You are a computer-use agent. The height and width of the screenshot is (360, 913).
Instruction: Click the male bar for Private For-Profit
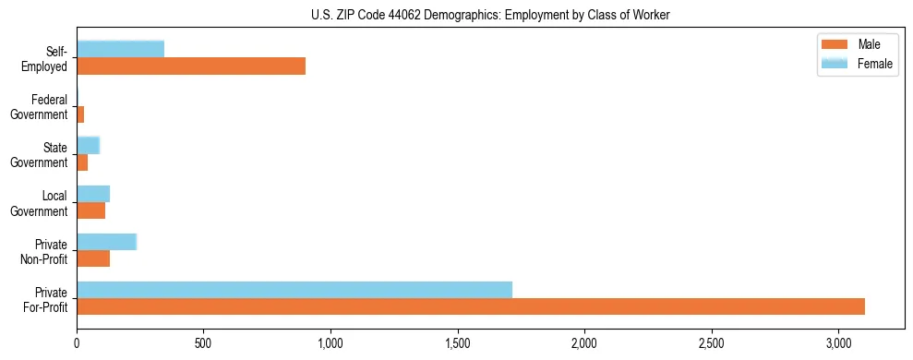tap(471, 306)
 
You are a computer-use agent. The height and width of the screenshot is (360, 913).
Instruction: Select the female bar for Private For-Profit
tap(294, 290)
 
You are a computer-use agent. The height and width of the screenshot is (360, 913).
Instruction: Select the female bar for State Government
tap(88, 146)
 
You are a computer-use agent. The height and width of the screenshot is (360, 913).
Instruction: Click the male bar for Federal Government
tap(80, 114)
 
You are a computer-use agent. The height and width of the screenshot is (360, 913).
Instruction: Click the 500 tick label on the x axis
tap(203, 343)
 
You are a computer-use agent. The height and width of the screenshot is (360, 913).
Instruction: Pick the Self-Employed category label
tap(50, 59)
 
